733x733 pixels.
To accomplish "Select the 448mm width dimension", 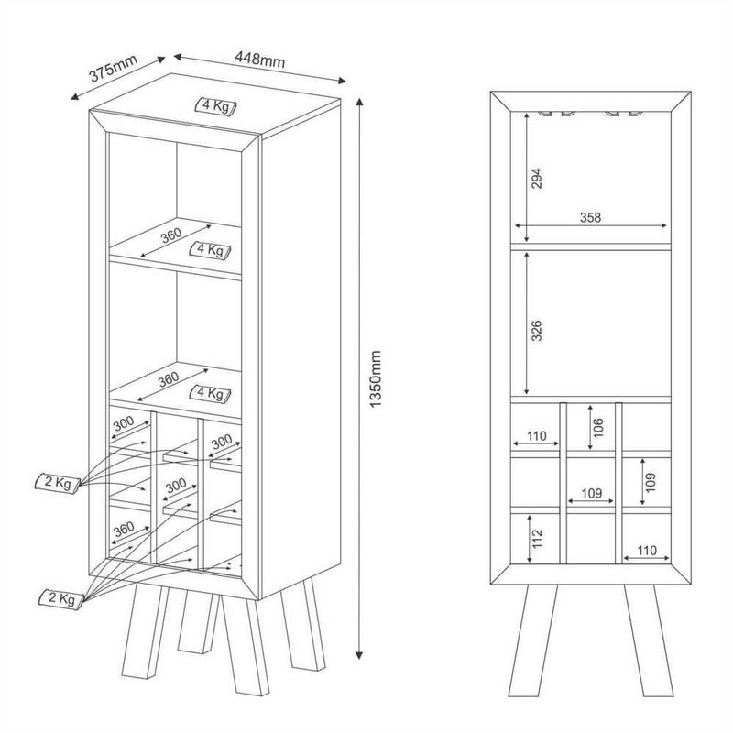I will point(259,60).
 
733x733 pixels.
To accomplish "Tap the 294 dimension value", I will point(539,179).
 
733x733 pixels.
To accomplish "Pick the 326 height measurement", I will point(539,331).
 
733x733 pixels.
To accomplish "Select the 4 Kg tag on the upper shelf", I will point(211,249).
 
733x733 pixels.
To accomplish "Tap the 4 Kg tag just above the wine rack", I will point(209,393).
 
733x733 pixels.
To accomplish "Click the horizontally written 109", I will point(590,493).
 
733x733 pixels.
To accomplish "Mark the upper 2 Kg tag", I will point(55,482).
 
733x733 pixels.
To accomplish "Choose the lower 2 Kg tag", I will point(59,598).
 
